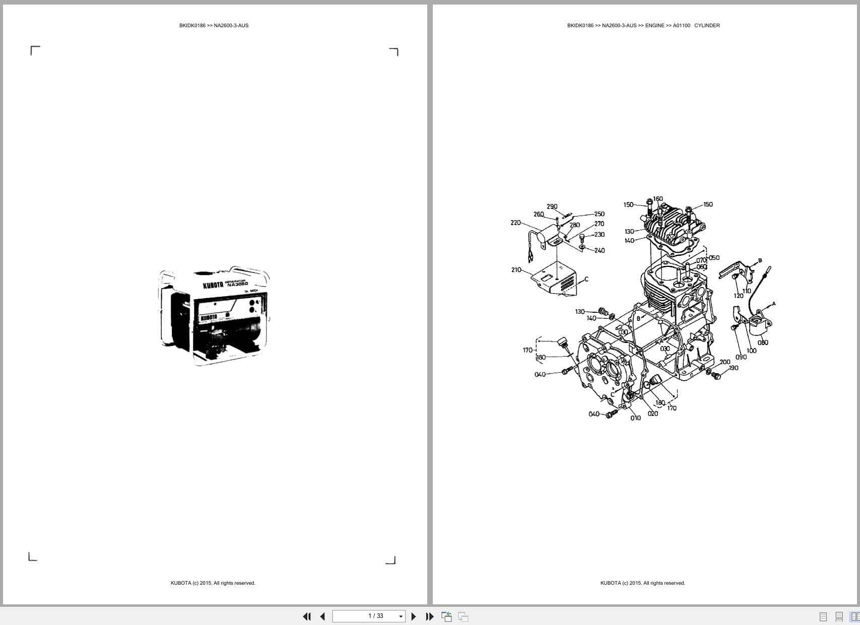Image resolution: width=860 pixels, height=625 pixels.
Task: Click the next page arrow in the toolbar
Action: (x=414, y=616)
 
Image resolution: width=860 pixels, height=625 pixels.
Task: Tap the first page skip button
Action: (x=306, y=616)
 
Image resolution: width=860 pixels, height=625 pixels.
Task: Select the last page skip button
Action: (x=430, y=616)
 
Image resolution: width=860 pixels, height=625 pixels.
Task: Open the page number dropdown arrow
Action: (x=401, y=616)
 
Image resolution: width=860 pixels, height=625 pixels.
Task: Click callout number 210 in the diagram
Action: (x=516, y=270)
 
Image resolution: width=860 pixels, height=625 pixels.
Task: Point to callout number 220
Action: (x=515, y=223)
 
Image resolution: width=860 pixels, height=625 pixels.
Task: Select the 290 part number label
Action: (x=552, y=206)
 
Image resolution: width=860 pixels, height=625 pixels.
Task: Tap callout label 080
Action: (x=763, y=342)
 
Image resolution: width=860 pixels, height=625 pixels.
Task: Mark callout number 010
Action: (x=635, y=418)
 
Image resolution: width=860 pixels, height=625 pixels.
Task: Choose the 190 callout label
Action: (x=734, y=368)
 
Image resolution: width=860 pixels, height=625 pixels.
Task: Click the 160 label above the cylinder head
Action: (x=658, y=199)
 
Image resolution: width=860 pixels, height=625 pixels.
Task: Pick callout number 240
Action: (x=600, y=250)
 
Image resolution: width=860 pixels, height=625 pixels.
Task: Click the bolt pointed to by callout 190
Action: (x=717, y=376)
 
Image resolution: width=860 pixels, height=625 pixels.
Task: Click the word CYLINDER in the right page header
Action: (x=707, y=26)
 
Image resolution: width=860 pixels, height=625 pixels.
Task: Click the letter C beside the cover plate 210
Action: (x=586, y=279)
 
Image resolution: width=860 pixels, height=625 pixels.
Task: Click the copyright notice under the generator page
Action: (x=213, y=583)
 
